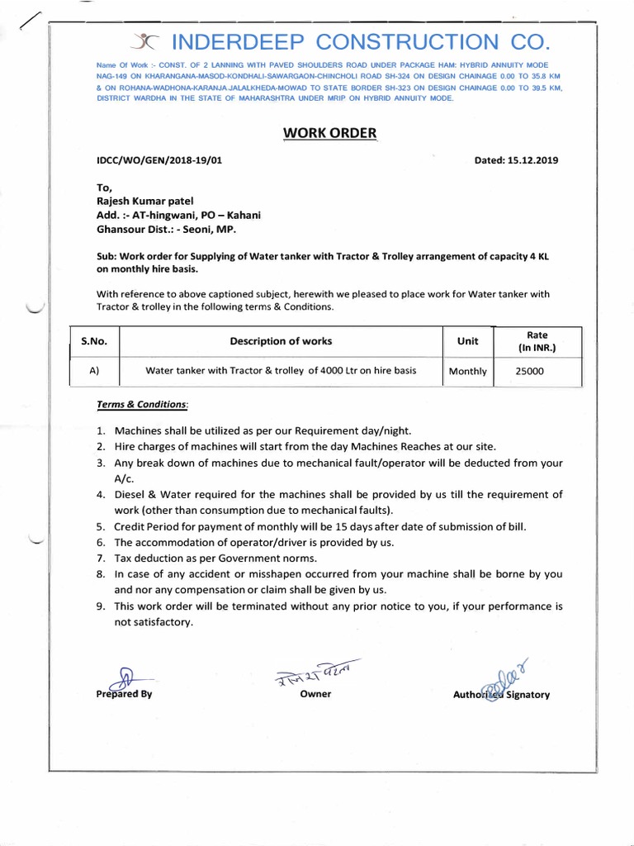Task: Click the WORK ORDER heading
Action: pyautogui.click(x=329, y=133)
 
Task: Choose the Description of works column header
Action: pyautogui.click(x=281, y=341)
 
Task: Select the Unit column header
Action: pyautogui.click(x=467, y=341)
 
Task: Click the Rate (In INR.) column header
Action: pyautogui.click(x=537, y=341)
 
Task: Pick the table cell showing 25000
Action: pyautogui.click(x=530, y=371)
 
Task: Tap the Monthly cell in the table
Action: pyautogui.click(x=467, y=372)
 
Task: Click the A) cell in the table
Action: pyautogui.click(x=94, y=371)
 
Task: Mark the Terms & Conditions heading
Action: pyautogui.click(x=142, y=405)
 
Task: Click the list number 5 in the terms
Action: pyautogui.click(x=100, y=527)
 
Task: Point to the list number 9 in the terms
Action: pyautogui.click(x=100, y=606)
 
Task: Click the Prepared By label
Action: pyautogui.click(x=125, y=695)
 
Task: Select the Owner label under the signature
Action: pyautogui.click(x=315, y=694)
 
